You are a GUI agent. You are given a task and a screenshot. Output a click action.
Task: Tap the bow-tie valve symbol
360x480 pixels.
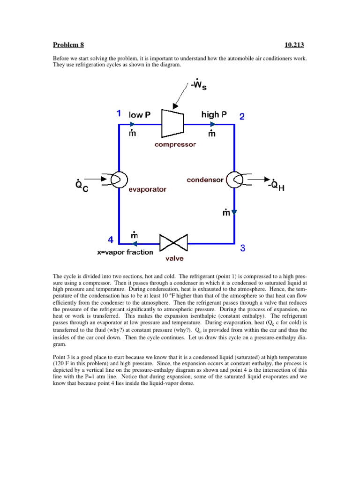(173, 243)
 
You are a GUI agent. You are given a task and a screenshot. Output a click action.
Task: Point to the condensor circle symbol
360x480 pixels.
(234, 179)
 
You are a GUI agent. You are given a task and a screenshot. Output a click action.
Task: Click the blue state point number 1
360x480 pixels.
(119, 113)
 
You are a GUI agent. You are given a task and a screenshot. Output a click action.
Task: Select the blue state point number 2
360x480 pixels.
(242, 117)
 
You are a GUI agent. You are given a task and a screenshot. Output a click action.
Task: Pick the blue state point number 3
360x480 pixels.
(242, 249)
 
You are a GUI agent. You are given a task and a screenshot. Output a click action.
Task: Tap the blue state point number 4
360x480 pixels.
(111, 240)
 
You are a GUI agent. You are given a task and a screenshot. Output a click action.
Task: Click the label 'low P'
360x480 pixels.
(139, 115)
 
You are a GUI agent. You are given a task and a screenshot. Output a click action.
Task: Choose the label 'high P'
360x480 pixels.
(214, 114)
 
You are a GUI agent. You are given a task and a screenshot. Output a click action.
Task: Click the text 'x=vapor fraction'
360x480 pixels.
(125, 252)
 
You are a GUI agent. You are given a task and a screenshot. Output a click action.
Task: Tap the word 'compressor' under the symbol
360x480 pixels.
(175, 145)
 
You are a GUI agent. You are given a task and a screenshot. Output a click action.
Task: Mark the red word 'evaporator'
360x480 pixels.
(149, 190)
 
